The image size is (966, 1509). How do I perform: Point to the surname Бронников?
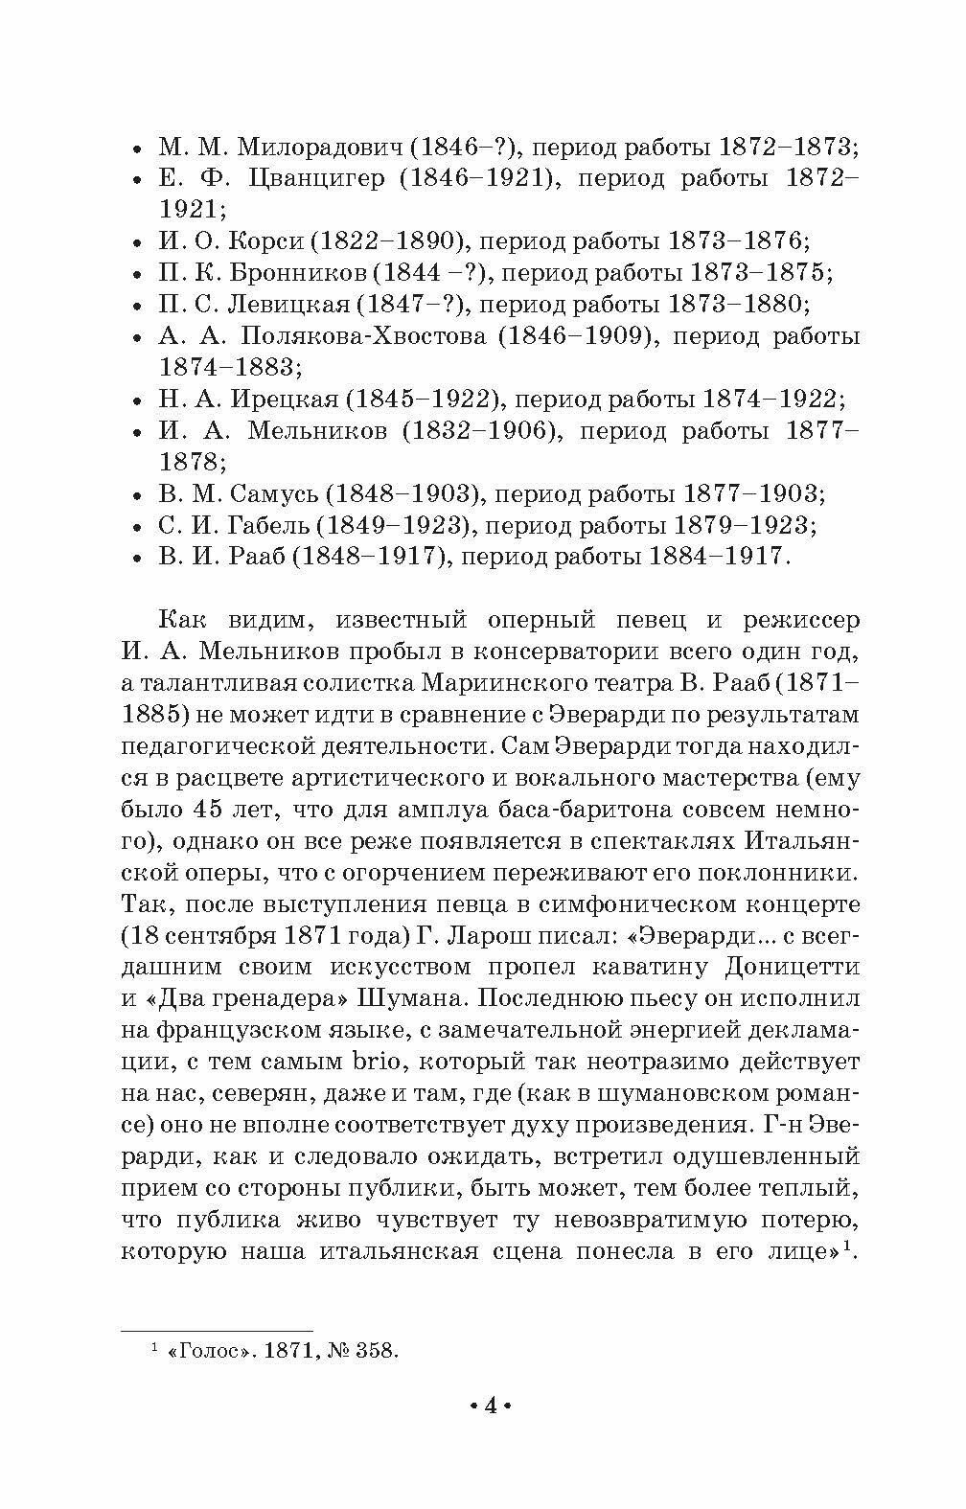click(297, 273)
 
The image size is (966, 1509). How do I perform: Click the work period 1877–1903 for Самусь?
click(753, 493)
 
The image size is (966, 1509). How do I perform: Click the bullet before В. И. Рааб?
click(138, 558)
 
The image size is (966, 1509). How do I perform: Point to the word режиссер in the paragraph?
click(801, 621)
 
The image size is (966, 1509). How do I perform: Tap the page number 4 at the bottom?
click(489, 1406)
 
